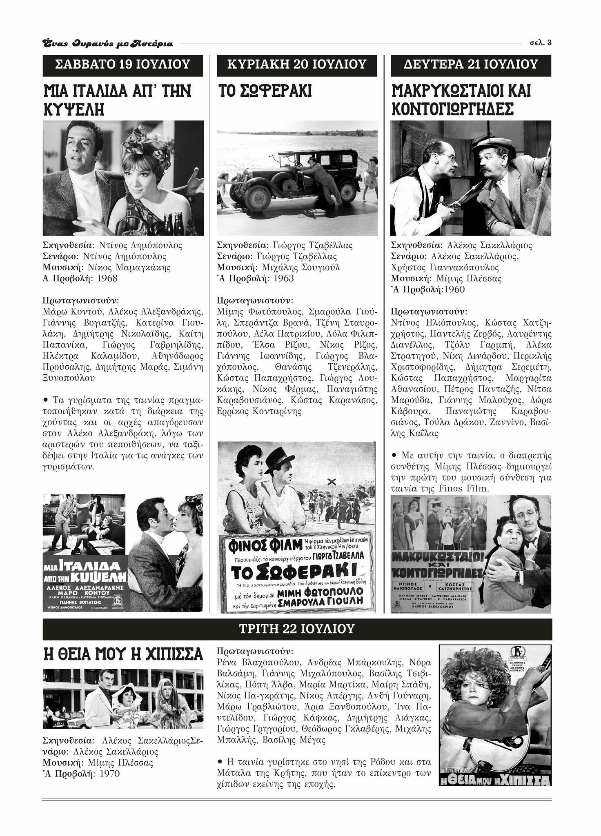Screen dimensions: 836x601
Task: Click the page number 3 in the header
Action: (x=550, y=43)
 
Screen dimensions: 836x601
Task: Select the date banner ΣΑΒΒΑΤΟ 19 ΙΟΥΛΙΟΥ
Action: (x=122, y=64)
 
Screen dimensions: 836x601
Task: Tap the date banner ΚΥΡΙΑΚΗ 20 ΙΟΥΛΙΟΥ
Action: (x=297, y=64)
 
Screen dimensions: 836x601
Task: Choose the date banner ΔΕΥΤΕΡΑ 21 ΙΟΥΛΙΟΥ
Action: (x=471, y=64)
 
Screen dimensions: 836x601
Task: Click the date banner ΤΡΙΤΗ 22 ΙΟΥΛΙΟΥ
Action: (x=297, y=628)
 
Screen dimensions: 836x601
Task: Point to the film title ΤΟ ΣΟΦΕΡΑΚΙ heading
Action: (x=264, y=91)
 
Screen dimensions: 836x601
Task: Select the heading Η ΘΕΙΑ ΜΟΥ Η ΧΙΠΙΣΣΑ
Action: (x=122, y=654)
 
